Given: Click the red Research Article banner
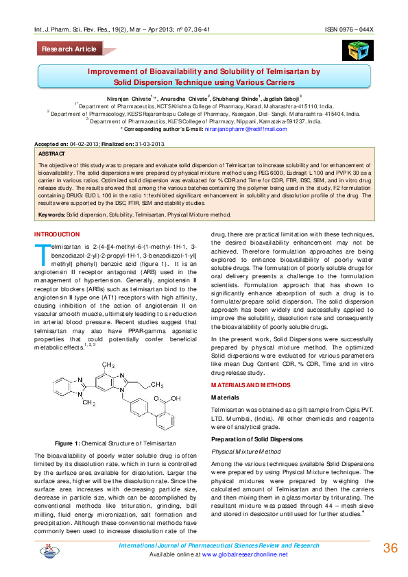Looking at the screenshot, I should pyautogui.click(x=69, y=49).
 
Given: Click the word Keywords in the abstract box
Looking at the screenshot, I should pyautogui.click(x=51, y=195).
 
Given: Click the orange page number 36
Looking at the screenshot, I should pyautogui.click(x=390, y=548).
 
